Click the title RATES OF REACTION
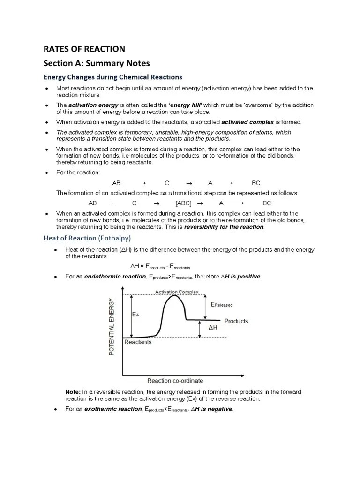84,49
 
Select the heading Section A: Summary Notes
97,63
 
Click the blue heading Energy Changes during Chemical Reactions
112,77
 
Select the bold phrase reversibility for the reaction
224,227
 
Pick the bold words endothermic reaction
115,277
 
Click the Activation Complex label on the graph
177,292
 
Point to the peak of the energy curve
175,296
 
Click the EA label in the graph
135,315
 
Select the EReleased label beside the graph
222,305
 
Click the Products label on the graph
236,321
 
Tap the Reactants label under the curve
138,342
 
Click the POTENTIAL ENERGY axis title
112,327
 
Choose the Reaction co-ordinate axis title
175,381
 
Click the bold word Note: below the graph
73,392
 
